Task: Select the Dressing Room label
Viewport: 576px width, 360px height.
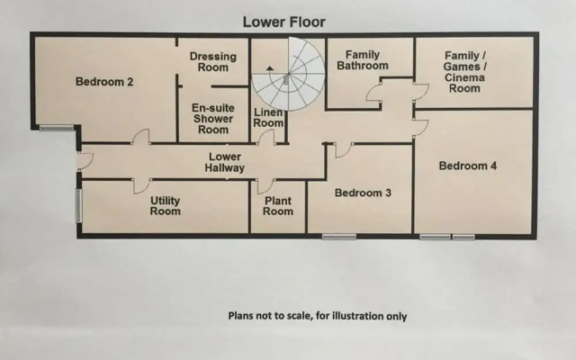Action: (213, 62)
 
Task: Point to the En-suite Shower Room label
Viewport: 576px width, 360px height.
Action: (213, 118)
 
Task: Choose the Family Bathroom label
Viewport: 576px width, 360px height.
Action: (363, 59)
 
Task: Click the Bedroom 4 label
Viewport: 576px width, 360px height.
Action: (467, 166)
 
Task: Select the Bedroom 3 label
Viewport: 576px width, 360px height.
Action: (363, 192)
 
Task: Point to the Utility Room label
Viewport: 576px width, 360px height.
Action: (165, 206)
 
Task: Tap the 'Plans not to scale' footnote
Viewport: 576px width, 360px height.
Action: (317, 316)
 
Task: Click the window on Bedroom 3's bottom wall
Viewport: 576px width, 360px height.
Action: (338, 237)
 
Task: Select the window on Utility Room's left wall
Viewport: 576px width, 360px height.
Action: (78, 204)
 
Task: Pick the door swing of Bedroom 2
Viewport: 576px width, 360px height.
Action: (139, 138)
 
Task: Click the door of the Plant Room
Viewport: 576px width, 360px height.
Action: (264, 186)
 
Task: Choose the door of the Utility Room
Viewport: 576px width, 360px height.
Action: (141, 185)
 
